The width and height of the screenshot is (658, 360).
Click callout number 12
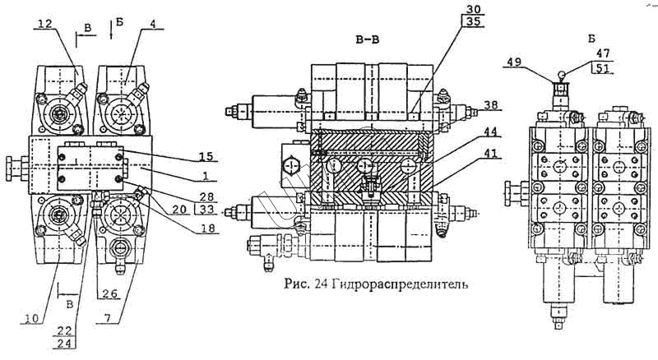pyautogui.click(x=45, y=24)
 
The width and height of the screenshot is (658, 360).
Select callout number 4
pyautogui.click(x=153, y=24)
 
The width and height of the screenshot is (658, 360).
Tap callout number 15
pyautogui.click(x=206, y=156)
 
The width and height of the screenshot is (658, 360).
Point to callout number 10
pyautogui.click(x=30, y=318)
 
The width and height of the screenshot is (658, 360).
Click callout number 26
pyautogui.click(x=110, y=293)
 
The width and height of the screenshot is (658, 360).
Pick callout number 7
pyautogui.click(x=108, y=318)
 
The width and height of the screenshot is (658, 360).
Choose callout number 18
pyautogui.click(x=208, y=228)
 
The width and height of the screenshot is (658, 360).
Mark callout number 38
pyautogui.click(x=490, y=105)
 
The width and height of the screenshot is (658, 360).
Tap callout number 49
pyautogui.click(x=514, y=62)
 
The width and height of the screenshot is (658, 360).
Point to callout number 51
pyautogui.click(x=603, y=68)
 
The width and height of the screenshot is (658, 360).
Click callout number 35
pyautogui.click(x=473, y=22)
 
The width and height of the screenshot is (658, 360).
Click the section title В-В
pyautogui.click(x=367, y=39)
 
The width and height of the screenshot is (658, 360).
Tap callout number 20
pyautogui.click(x=178, y=209)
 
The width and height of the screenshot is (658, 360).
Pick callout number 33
pyautogui.click(x=207, y=209)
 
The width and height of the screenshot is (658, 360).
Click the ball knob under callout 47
pyautogui.click(x=561, y=75)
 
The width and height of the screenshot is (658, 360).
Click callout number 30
pyautogui.click(x=473, y=9)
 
